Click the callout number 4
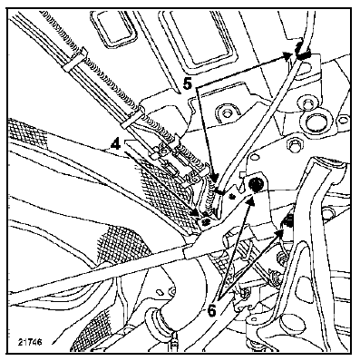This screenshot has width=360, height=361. tap(116, 144)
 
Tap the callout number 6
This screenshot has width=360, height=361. tap(212, 310)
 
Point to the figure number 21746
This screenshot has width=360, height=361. tap(30, 342)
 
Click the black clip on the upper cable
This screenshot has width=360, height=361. tap(302, 54)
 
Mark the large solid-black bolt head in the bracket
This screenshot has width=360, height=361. tap(256, 183)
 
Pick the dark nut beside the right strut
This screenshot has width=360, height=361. tap(287, 221)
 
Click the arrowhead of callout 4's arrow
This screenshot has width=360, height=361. tap(197, 214)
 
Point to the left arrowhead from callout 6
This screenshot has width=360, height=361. tap(250, 201)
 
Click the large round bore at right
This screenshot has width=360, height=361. tap(315, 122)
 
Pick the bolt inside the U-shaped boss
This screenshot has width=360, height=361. tap(225, 115)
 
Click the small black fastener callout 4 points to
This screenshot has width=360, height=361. tap(207, 221)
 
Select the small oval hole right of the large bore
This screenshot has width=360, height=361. tap(343, 120)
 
